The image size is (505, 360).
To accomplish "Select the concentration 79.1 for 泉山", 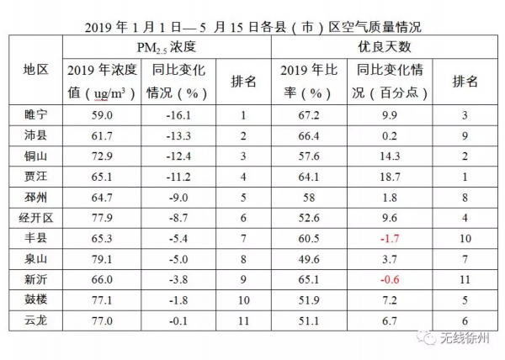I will (x=102, y=259).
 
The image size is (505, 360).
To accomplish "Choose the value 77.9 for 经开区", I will (x=102, y=218).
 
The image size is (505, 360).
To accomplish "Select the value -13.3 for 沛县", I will (x=178, y=135).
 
